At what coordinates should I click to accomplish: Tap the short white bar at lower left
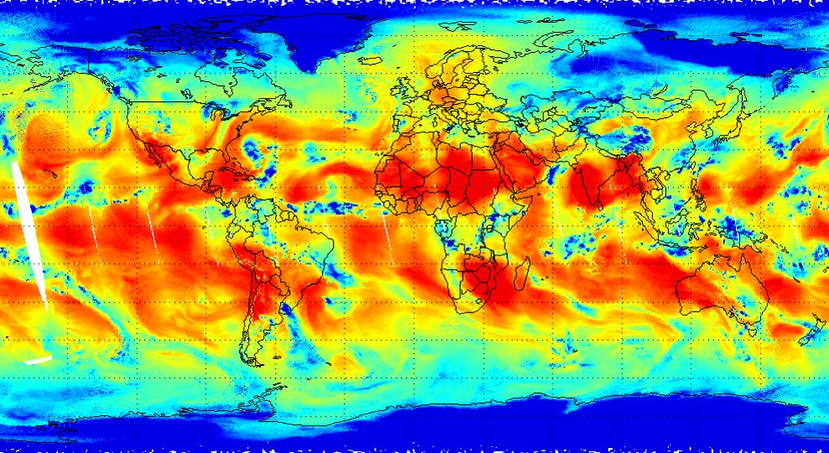[38, 360]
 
